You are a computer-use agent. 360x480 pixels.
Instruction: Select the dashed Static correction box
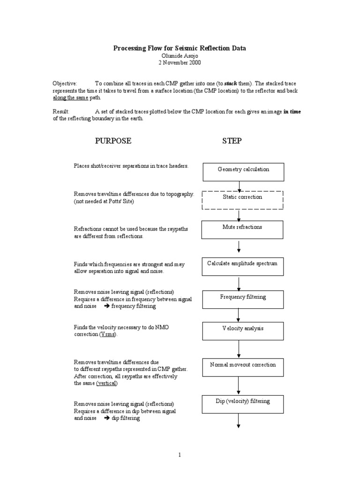coord(242,200)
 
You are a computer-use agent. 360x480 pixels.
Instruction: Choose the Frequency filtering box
coord(242,299)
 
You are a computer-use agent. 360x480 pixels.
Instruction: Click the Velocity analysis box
coord(242,330)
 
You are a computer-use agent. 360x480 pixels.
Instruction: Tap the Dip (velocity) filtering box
coord(242,404)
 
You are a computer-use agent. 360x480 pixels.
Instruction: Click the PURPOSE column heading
coord(113,141)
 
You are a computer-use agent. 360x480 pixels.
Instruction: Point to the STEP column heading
coord(232,141)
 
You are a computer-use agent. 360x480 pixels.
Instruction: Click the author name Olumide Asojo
coord(180,55)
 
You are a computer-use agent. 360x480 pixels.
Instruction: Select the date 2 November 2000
coord(180,62)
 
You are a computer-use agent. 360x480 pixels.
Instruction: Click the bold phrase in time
coord(292,112)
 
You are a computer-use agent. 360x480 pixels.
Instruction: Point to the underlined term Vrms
coord(107,335)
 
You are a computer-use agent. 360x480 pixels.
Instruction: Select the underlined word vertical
coord(107,383)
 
